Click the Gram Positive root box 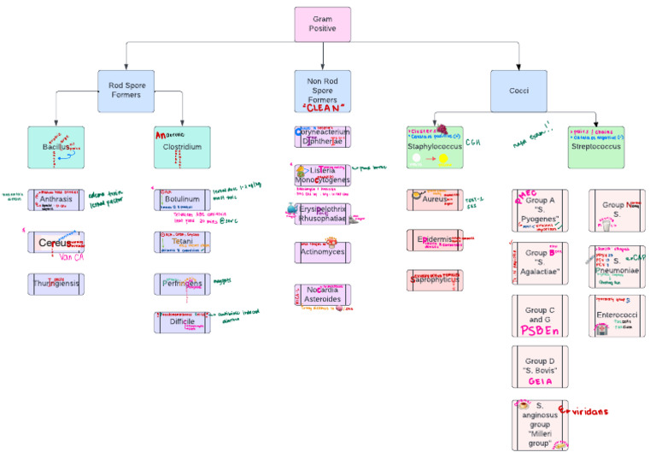[323, 24]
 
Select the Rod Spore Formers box [126, 91]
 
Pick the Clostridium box [182, 146]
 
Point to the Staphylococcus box [434, 147]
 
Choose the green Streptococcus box [594, 146]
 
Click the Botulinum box [182, 199]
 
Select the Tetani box [182, 243]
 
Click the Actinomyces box [322, 253]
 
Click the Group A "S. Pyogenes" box [540, 211]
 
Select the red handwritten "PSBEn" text [540, 330]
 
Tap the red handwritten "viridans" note [586, 411]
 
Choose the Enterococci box [617, 316]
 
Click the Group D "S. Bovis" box [540, 365]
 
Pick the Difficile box [182, 322]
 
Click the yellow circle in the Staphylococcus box [444, 159]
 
